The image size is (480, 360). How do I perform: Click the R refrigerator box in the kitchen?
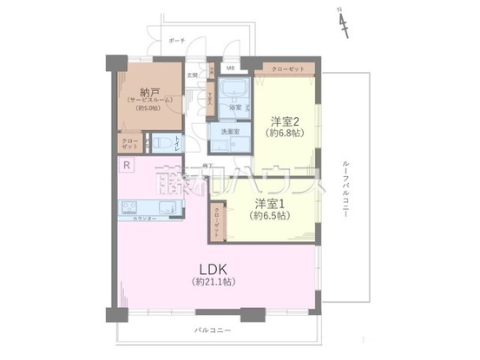(x=127, y=166)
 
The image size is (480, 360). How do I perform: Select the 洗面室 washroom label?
(x=231, y=131)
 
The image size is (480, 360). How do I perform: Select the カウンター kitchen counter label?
(x=145, y=218)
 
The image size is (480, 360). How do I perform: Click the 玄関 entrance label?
(x=193, y=75)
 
